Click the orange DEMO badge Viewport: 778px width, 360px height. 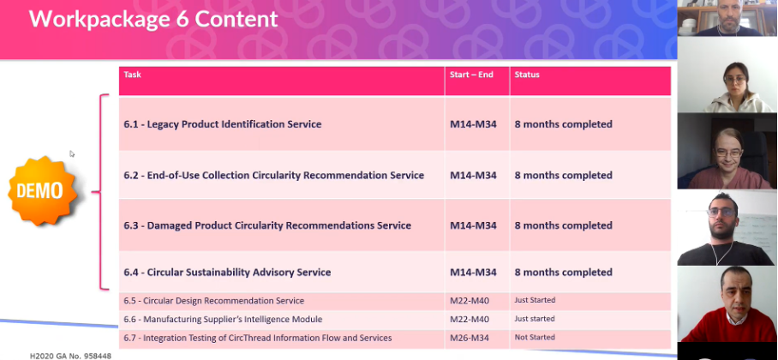tap(42, 190)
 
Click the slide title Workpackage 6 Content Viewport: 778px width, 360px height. tap(153, 19)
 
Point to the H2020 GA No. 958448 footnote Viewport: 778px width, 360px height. tap(70, 356)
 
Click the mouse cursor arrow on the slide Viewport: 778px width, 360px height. tap(71, 153)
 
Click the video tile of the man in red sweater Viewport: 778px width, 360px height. tap(727, 304)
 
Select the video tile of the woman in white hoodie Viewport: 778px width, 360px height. tap(727, 75)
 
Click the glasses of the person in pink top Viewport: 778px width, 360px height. tap(728, 153)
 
